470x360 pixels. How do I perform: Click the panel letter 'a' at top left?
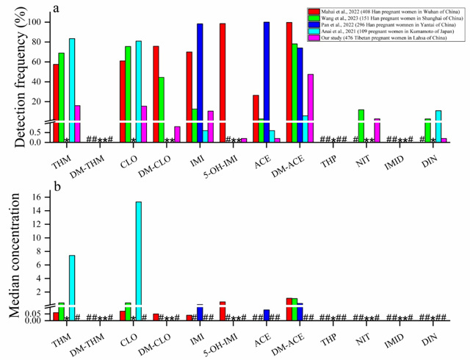click(57, 7)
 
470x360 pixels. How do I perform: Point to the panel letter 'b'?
click(57, 187)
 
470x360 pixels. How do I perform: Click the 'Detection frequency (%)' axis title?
click(12, 73)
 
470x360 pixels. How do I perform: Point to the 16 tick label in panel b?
click(34, 197)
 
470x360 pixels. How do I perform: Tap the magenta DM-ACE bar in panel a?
click(311, 103)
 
